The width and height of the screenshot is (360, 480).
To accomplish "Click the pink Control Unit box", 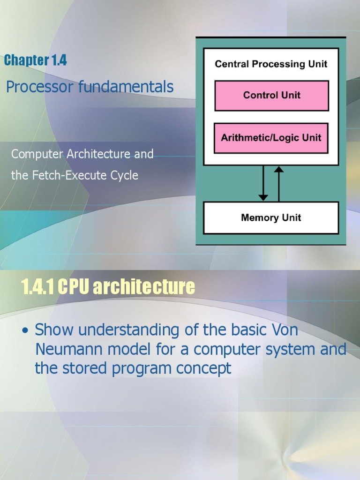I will coord(271,96).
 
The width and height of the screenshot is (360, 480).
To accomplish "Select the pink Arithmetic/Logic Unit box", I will coord(271,138).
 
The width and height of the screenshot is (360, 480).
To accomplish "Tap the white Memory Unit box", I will coord(270,218).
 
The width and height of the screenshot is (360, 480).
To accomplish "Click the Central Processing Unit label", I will coord(271,64).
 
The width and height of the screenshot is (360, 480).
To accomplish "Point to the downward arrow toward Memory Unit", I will coord(263,183).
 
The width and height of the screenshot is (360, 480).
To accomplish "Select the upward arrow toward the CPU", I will coord(279,183).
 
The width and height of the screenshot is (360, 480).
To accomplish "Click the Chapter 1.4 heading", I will coord(36,60).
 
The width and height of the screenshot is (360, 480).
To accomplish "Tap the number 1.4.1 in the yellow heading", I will coord(37,287).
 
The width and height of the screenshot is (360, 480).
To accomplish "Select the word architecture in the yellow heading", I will coord(143,287).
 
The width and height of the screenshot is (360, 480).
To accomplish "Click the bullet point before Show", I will coord(26,331).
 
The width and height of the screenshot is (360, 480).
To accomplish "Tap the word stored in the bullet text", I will coord(86,368).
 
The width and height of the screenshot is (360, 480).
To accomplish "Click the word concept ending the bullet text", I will coord(203,368).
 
